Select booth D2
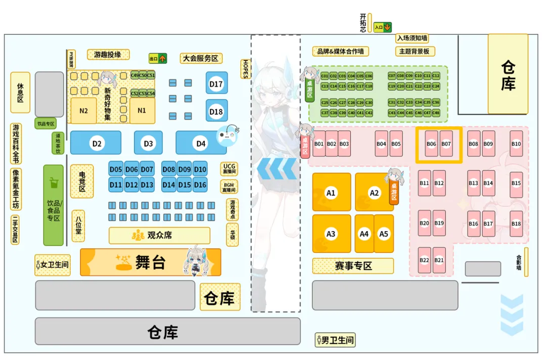point(96,143)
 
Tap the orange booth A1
point(331,192)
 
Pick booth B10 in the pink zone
point(516,144)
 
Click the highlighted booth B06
point(431,144)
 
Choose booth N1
point(142,110)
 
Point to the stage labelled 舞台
point(150,262)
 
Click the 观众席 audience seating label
point(159,236)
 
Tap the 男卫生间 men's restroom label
point(335,340)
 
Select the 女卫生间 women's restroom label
point(52,264)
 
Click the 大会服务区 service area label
point(201,58)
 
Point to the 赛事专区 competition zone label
point(353,266)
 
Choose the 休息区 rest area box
point(20,93)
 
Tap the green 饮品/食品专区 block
point(54,205)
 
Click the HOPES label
point(246,69)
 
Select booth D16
point(200,185)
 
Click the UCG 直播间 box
point(230,169)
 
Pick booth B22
point(424,260)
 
